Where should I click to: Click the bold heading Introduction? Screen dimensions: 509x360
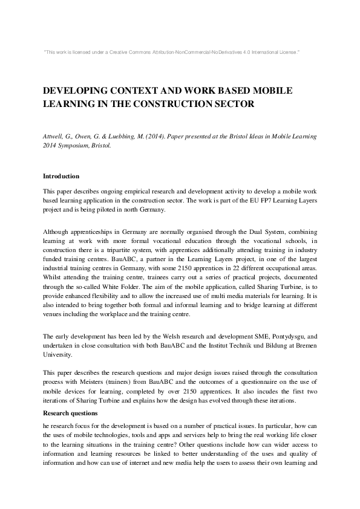[x=61, y=177]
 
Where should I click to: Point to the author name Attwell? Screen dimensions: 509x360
[x=54, y=137]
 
